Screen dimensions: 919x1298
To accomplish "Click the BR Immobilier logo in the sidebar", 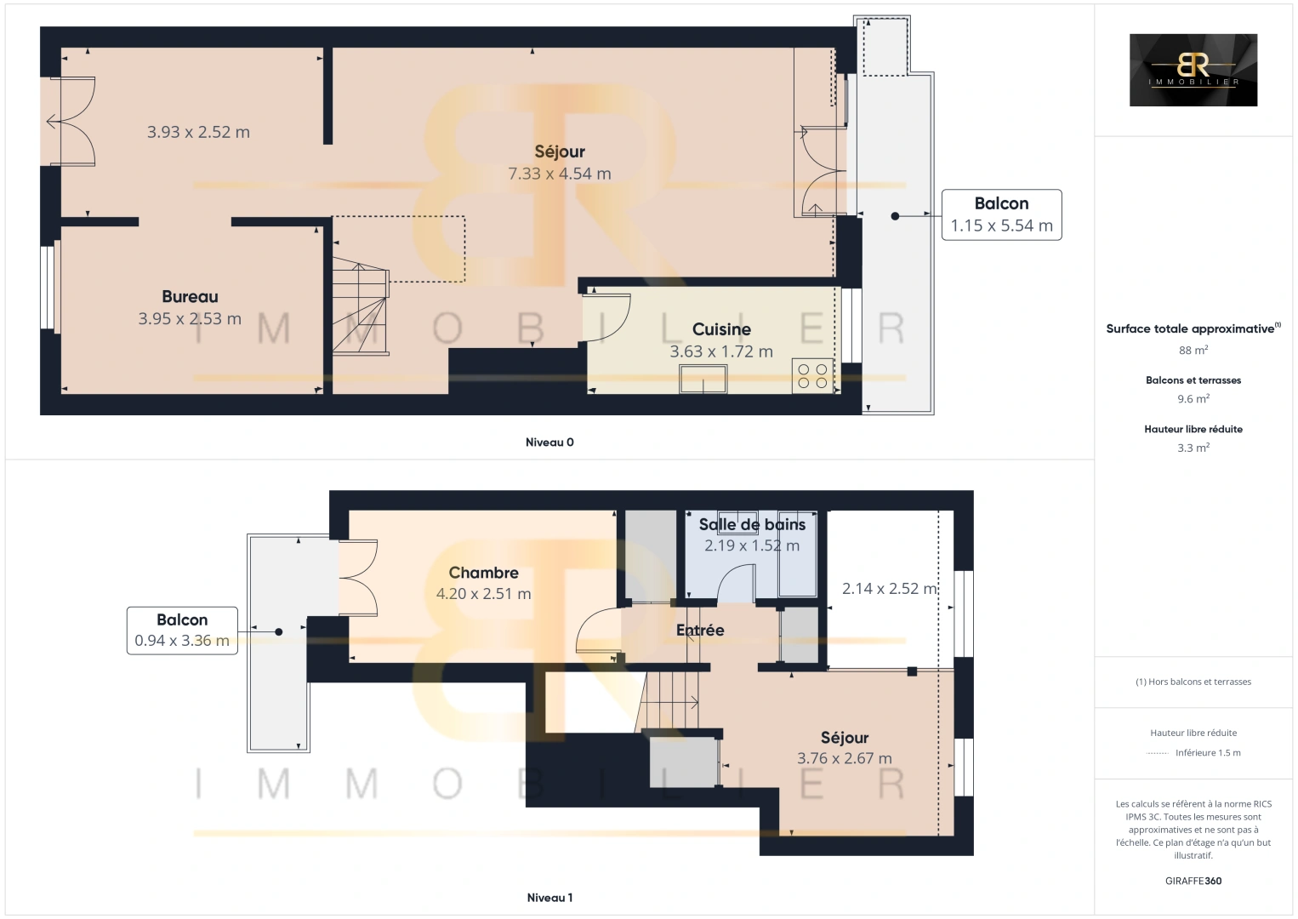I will pyautogui.click(x=1193, y=70).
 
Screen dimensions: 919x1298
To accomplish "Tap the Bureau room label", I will pyautogui.click(x=190, y=297).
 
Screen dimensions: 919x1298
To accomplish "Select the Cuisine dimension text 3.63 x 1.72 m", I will pyautogui.click(x=721, y=351).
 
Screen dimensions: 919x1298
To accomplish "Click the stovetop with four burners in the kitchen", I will pyautogui.click(x=811, y=376).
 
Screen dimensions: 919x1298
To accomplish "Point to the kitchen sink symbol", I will pyautogui.click(x=703, y=379).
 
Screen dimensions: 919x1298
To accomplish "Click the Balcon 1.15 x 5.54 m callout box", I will pyautogui.click(x=1001, y=214).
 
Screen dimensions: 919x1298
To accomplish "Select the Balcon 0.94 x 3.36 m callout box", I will pyautogui.click(x=182, y=631).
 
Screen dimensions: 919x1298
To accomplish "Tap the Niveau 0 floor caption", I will pyautogui.click(x=549, y=442).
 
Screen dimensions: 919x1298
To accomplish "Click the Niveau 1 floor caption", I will pyautogui.click(x=549, y=898).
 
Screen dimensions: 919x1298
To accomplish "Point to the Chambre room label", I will pyautogui.click(x=483, y=574).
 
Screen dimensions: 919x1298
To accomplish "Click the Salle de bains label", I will pyautogui.click(x=752, y=525).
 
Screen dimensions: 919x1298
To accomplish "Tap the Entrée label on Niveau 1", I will pyautogui.click(x=700, y=631).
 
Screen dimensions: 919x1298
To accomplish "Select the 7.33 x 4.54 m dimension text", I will pyautogui.click(x=559, y=174).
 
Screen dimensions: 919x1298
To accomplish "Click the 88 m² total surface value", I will pyautogui.click(x=1193, y=351).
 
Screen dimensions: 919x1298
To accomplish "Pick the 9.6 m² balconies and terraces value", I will pyautogui.click(x=1193, y=399).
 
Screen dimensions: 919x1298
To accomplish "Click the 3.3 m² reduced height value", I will pyautogui.click(x=1193, y=448).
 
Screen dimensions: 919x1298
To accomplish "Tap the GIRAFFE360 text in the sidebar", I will pyautogui.click(x=1193, y=881).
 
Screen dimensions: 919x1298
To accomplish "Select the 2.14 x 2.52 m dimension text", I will pyautogui.click(x=889, y=589).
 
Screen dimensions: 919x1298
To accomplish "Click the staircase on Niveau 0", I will pyautogui.click(x=360, y=306).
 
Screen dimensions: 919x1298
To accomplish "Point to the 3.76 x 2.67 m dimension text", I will pyautogui.click(x=844, y=759).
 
